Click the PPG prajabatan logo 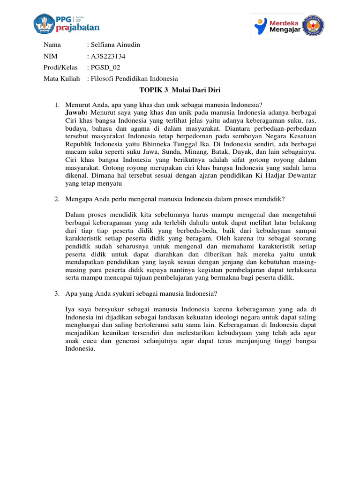point(67,23)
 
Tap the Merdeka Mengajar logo point(277,26)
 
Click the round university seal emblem point(316,26)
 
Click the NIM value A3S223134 point(108,56)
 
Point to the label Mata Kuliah point(61,79)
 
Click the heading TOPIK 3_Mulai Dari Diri point(180,90)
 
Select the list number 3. point(56,294)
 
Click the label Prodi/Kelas point(60,67)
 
